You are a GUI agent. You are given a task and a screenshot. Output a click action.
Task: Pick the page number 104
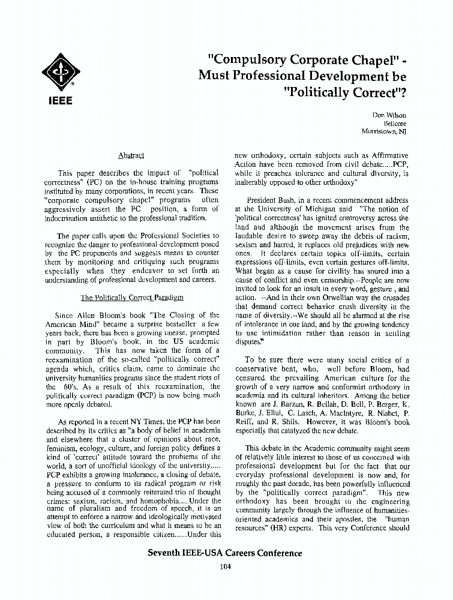226,566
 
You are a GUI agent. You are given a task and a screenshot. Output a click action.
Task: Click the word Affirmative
388,155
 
